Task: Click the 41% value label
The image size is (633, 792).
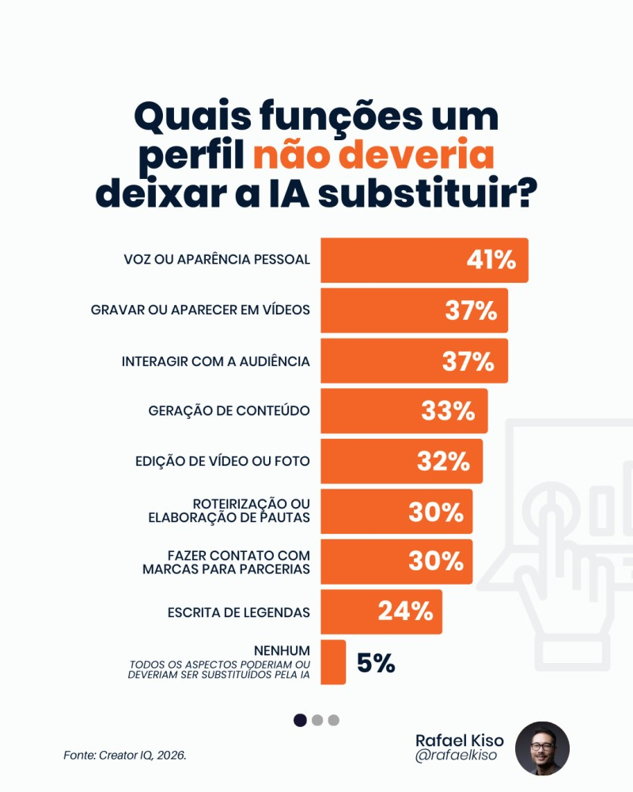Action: tap(490, 260)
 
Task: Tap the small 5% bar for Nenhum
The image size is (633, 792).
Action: tap(333, 662)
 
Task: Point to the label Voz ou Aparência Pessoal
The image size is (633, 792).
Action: tap(217, 260)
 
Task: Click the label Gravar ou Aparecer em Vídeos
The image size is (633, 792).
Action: tap(200, 310)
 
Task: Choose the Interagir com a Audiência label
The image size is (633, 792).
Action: tap(215, 361)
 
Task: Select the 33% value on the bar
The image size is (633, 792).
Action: tap(448, 411)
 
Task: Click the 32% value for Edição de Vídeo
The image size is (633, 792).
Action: tap(443, 461)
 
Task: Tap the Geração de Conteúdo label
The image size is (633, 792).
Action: tap(229, 411)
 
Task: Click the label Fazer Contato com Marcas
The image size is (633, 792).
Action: tap(226, 562)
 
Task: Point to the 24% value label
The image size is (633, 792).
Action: tap(405, 611)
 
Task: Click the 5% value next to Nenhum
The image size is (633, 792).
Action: tap(376, 663)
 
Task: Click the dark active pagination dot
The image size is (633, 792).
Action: tap(300, 720)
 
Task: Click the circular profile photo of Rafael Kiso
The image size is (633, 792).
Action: tap(542, 748)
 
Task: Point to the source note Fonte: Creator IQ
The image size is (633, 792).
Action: tap(125, 756)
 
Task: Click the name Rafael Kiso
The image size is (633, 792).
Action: tap(459, 740)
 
